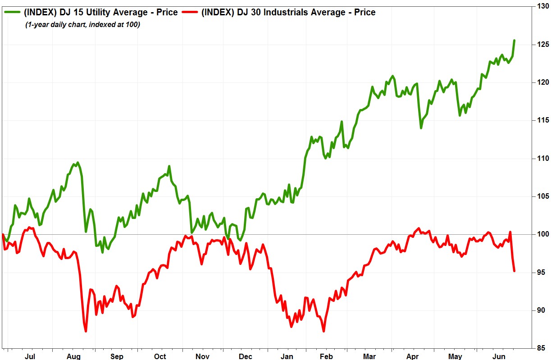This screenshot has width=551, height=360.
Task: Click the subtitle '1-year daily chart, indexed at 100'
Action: pyautogui.click(x=82, y=25)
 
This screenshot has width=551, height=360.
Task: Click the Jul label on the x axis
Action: pyautogui.click(x=30, y=356)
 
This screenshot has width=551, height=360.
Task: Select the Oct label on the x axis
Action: pyautogui.click(x=160, y=356)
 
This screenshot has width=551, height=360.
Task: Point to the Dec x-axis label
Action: pyautogui.click(x=246, y=356)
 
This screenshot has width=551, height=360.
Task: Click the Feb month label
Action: pyautogui.click(x=326, y=356)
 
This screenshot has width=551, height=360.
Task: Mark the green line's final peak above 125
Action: pyautogui.click(x=514, y=41)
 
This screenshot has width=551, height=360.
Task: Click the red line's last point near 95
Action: pyautogui.click(x=514, y=271)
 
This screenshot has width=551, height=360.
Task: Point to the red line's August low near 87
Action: pyautogui.click(x=86, y=331)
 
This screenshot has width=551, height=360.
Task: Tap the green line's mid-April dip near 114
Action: pyautogui.click(x=421, y=128)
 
